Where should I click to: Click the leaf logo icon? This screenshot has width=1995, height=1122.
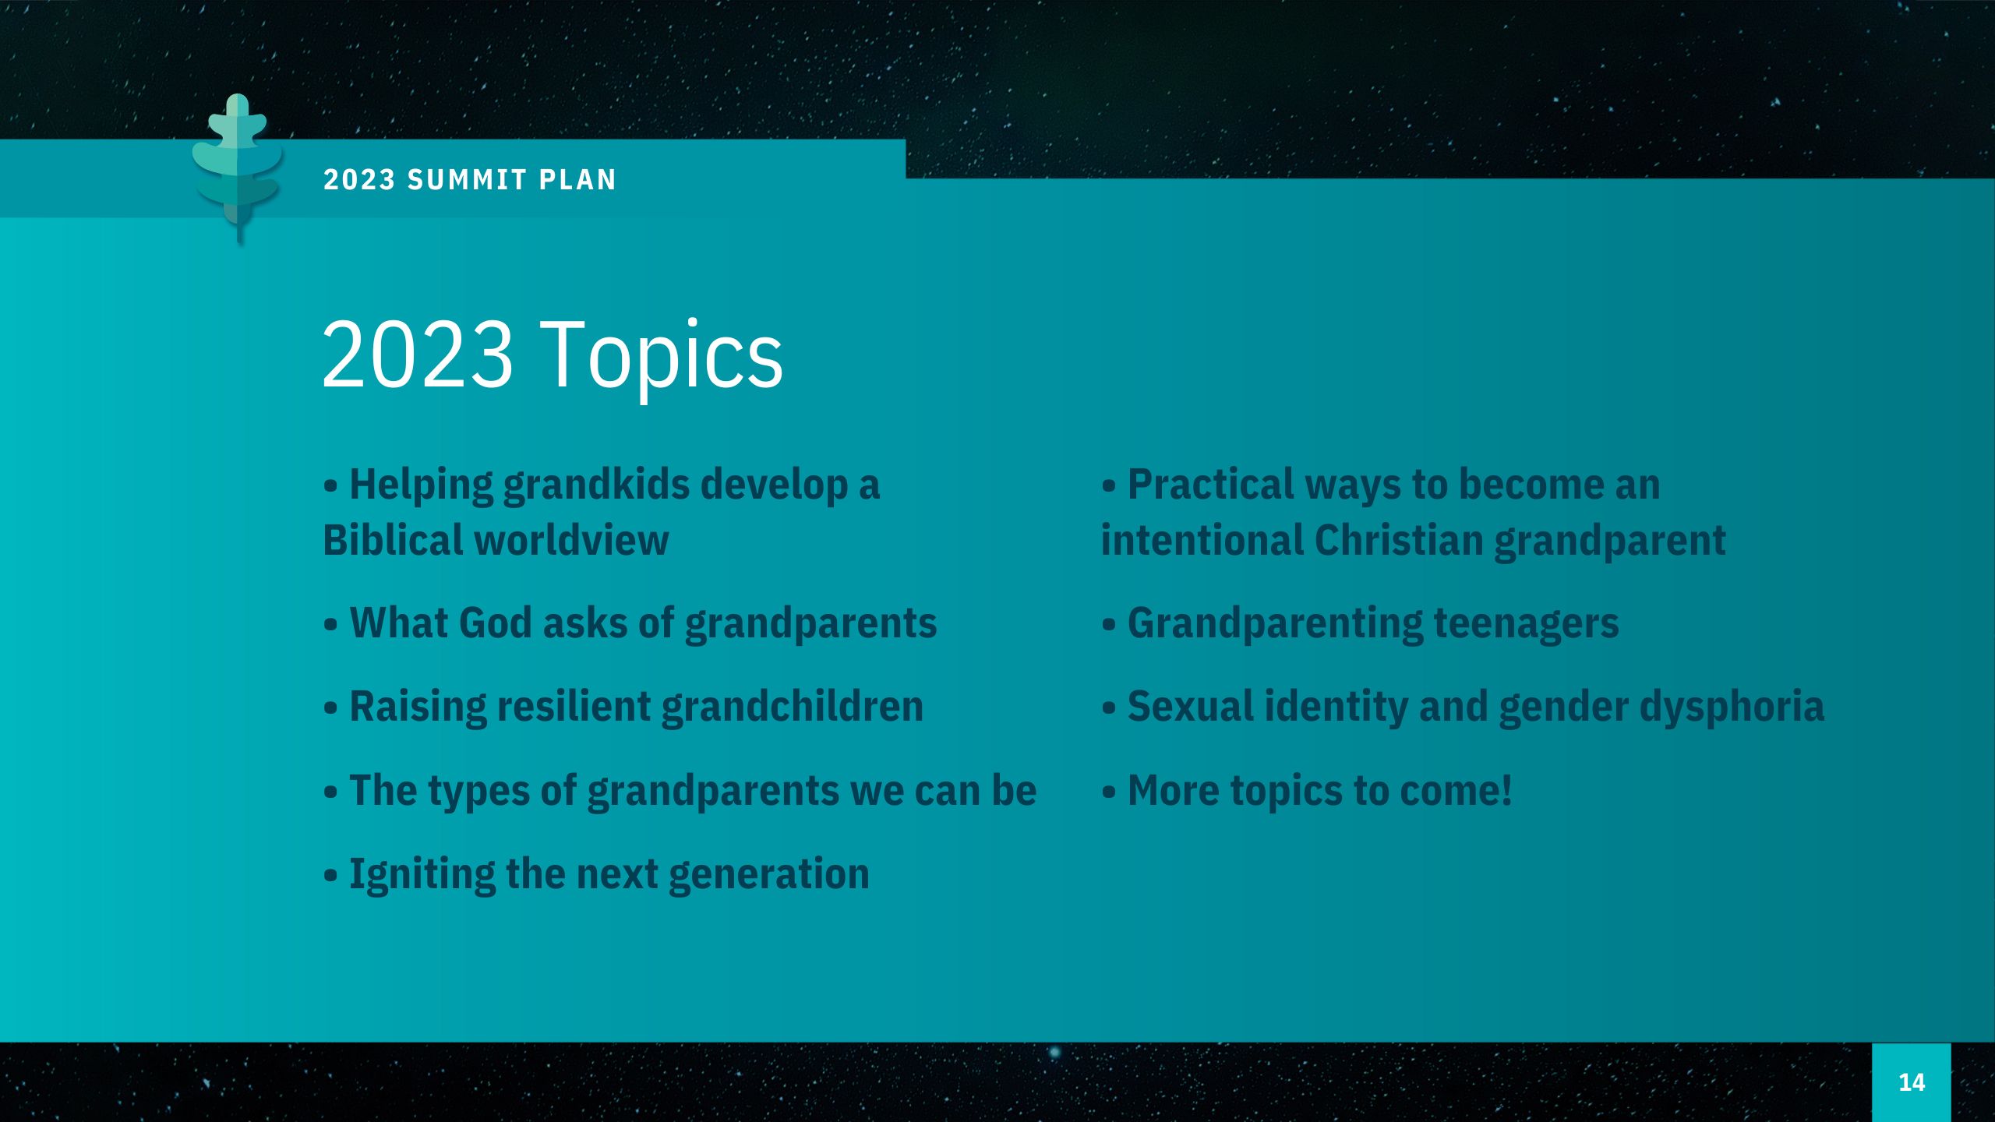click(x=238, y=168)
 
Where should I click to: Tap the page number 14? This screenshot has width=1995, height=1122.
click(x=1912, y=1082)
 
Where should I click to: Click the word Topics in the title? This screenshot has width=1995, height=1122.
click(x=662, y=355)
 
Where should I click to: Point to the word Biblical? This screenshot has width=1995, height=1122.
click(x=394, y=540)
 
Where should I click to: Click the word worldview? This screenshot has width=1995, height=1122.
click(x=572, y=540)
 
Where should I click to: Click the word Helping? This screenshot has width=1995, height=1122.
click(x=421, y=485)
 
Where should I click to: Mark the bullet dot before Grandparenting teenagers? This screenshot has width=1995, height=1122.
click(x=1109, y=625)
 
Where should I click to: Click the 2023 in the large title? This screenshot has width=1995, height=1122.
click(x=417, y=355)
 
